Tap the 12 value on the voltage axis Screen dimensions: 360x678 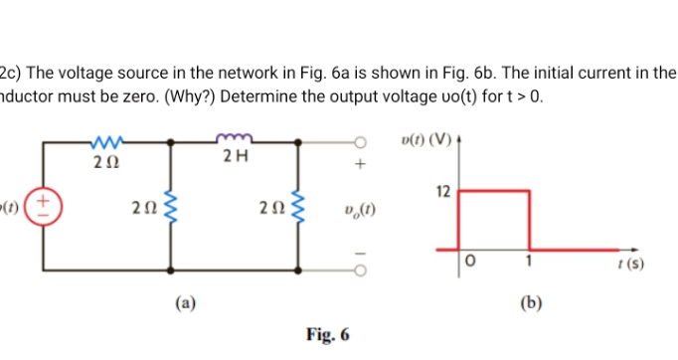pyautogui.click(x=444, y=189)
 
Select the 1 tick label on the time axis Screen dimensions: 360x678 pyautogui.click(x=531, y=261)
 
